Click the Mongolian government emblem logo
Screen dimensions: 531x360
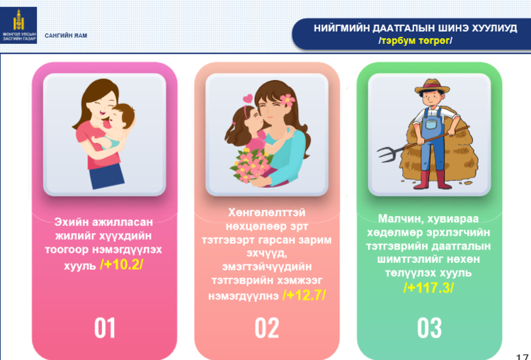coord(18,25)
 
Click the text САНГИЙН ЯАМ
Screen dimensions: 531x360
coord(66,35)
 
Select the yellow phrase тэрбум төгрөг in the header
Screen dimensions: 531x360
coord(416,40)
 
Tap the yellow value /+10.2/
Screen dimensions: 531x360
coord(122,265)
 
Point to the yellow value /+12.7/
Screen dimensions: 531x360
coord(304,295)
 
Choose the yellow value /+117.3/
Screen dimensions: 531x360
coord(429,288)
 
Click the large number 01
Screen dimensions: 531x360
coord(105,328)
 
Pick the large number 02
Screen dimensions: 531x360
coord(267,328)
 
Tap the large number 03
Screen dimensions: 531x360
coord(430,328)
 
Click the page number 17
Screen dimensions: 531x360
coord(523,356)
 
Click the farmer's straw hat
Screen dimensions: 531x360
coord(432,86)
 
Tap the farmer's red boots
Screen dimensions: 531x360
coord(433,180)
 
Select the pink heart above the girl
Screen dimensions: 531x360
coord(248,99)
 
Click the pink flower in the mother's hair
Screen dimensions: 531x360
coord(287,101)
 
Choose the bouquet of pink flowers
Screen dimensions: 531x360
coord(250,165)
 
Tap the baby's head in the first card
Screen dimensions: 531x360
coord(122,116)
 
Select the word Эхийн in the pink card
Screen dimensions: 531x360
coord(70,223)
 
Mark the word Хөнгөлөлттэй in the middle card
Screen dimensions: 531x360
coord(267,213)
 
